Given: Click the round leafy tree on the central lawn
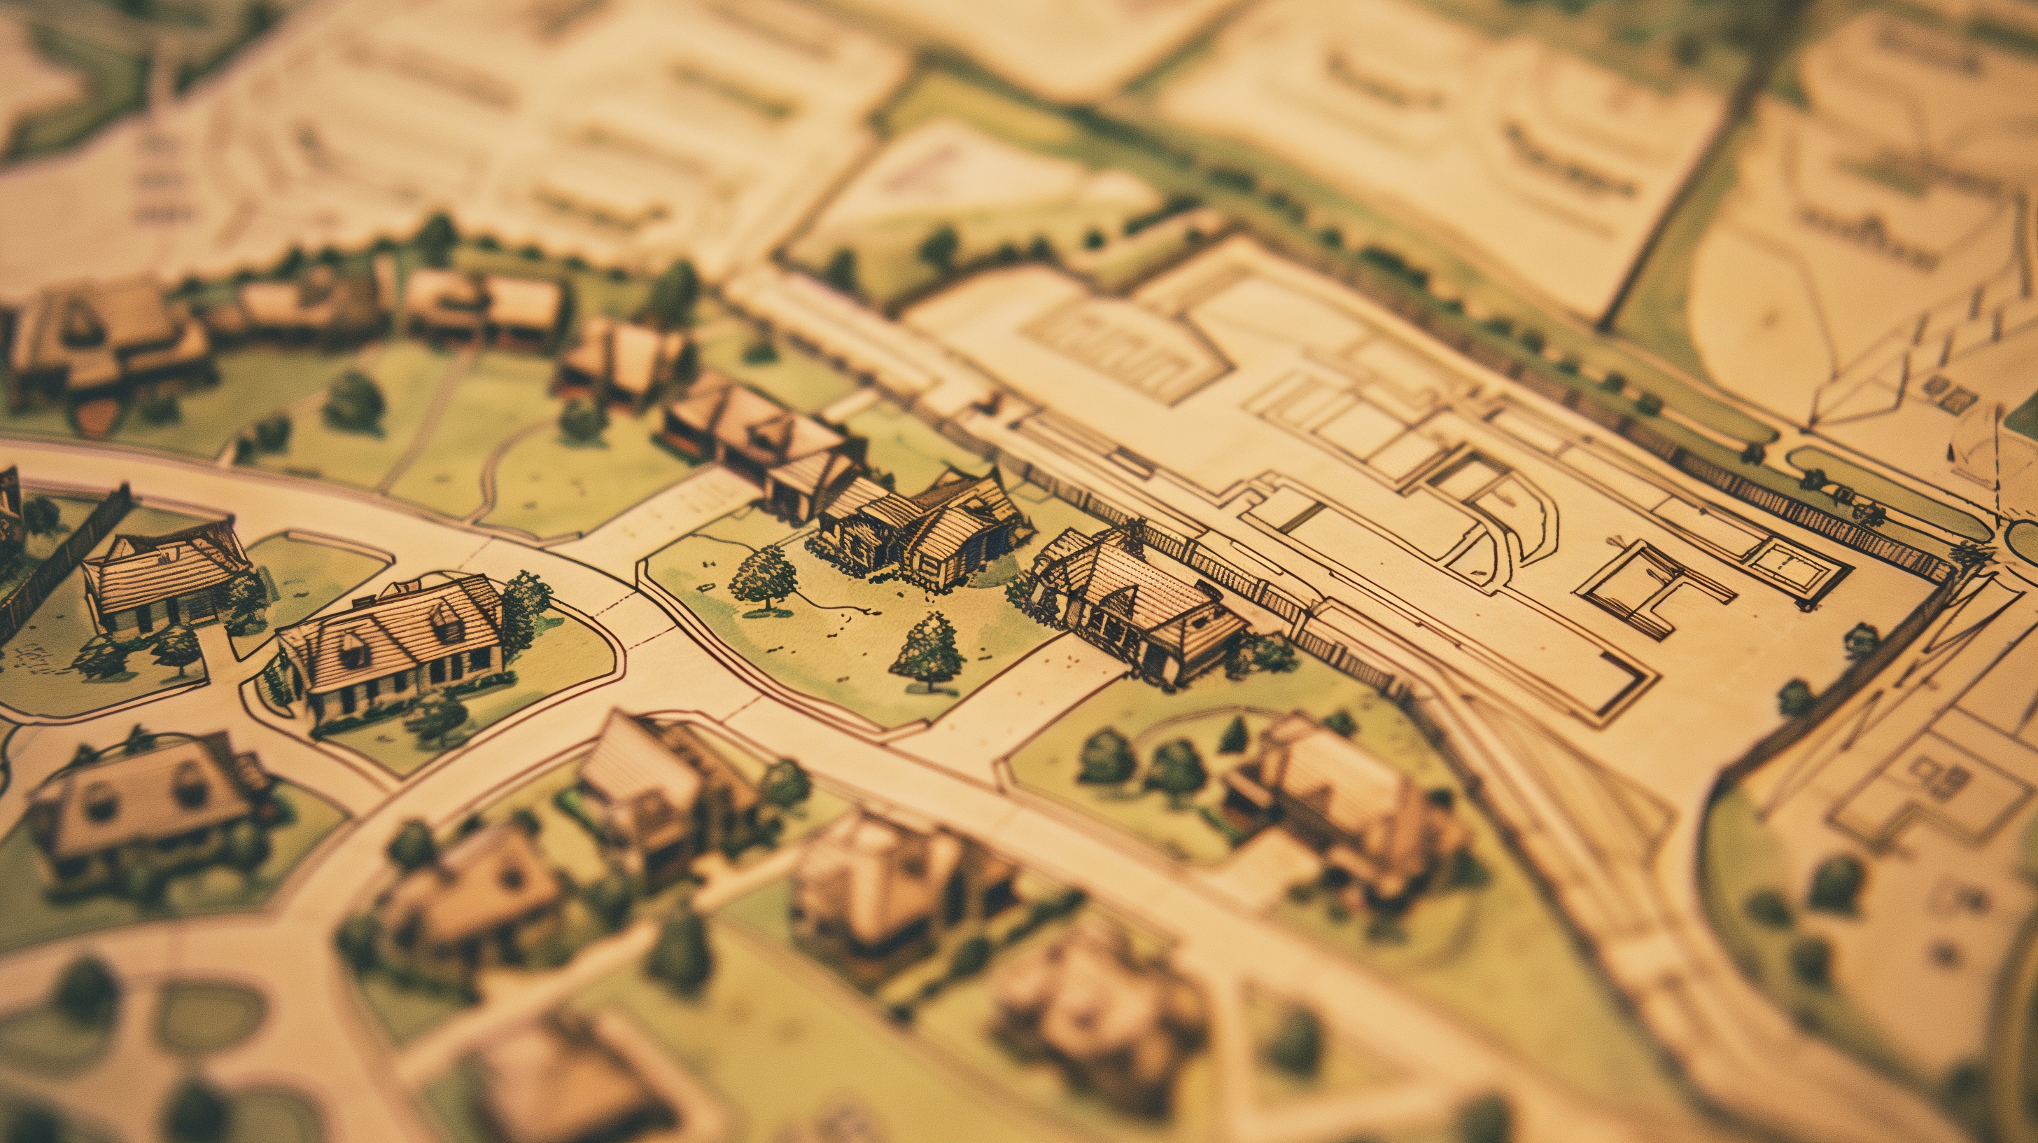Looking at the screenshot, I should point(763,578).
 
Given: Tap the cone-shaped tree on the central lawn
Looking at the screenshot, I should point(929,651).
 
